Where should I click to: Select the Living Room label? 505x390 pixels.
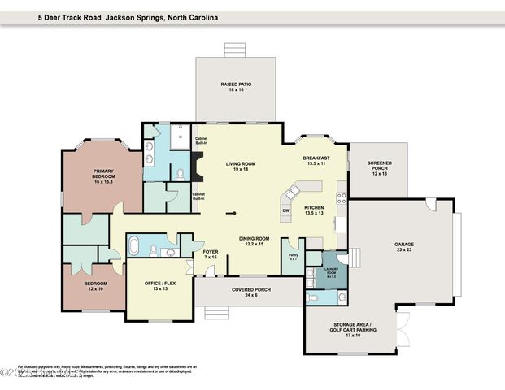coord(240,167)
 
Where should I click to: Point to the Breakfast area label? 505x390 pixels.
coord(316,160)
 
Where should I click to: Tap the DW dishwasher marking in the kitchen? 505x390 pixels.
coord(285,211)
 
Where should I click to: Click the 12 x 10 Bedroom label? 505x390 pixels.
coord(97,287)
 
